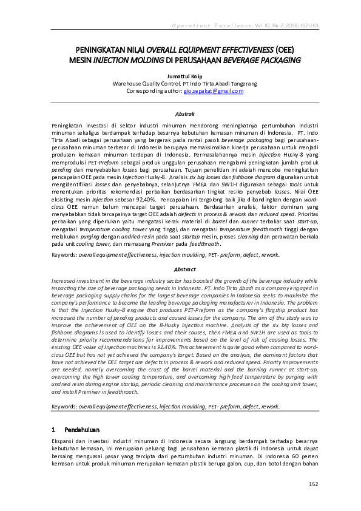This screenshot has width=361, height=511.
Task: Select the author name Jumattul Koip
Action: pos(180,76)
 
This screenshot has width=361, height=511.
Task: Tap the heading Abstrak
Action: pos(181,113)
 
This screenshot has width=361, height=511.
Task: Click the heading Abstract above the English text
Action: pos(181,269)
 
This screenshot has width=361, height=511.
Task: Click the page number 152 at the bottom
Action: pos(313,484)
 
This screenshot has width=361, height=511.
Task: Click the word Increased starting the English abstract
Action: pos(66,282)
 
